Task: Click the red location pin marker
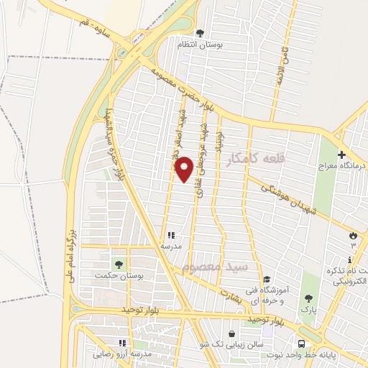[185, 168]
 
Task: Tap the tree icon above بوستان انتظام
[200, 32]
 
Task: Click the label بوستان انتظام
[201, 44]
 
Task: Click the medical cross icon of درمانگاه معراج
[341, 155]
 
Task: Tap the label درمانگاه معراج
[342, 166]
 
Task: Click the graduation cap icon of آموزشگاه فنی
[266, 279]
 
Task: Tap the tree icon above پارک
[308, 298]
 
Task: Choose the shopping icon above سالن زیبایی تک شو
[231, 333]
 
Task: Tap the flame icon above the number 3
[353, 234]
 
